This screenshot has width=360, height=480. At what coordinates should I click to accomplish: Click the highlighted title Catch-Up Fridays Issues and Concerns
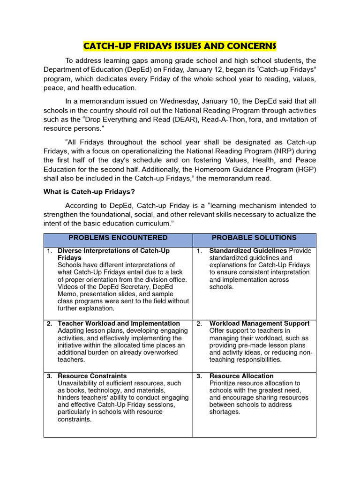click(180, 46)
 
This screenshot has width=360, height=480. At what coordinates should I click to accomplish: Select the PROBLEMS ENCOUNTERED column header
click(118, 238)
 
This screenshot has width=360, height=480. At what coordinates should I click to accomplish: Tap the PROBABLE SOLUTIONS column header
click(254, 238)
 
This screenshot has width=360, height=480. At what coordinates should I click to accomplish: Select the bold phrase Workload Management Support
click(259, 323)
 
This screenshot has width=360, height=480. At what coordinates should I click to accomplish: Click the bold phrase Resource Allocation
click(241, 376)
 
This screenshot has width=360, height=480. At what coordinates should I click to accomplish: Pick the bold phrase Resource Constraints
click(92, 376)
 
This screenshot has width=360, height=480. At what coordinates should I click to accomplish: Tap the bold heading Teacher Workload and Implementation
click(119, 323)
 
